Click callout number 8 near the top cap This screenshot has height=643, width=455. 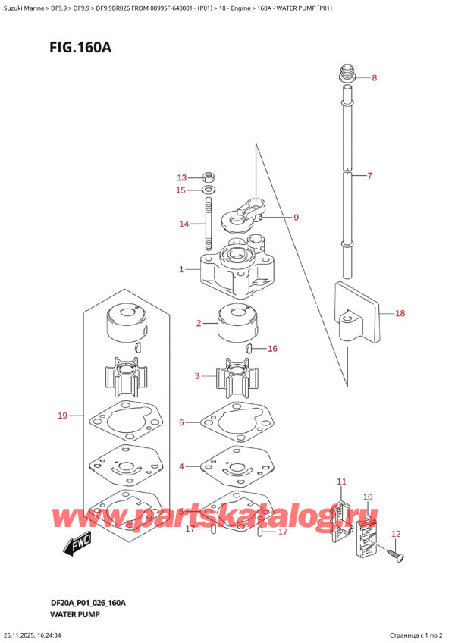374,78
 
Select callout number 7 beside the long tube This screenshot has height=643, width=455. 369,176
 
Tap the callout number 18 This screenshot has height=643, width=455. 400,312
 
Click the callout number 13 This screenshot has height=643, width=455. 181,177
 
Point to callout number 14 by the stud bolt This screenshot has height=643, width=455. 183,224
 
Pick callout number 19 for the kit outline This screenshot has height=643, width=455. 63,416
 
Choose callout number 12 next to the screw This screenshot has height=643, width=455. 395,535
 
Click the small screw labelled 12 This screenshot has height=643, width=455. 396,557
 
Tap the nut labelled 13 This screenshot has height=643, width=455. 209,178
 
